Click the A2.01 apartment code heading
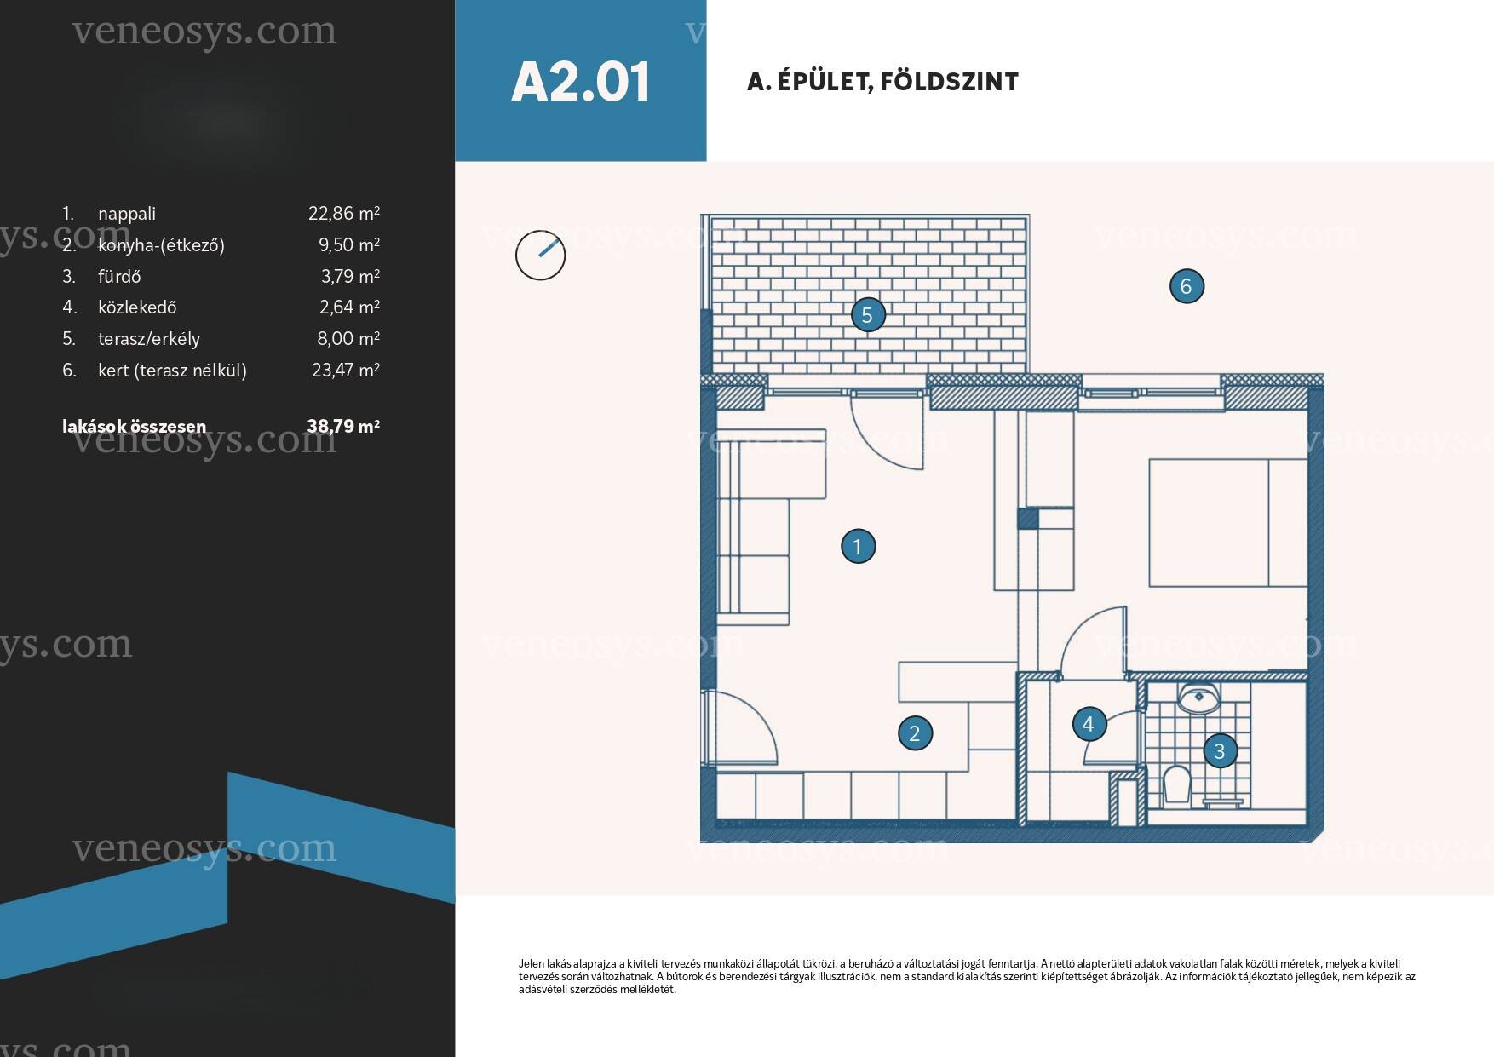tap(580, 82)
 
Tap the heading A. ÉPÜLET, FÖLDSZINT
tap(882, 82)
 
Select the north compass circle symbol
tap(541, 255)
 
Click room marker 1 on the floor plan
tap(858, 546)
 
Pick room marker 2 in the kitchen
tap(915, 732)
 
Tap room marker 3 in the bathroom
tap(1220, 750)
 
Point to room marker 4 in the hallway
tap(1088, 724)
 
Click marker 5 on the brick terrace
tap(867, 315)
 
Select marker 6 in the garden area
tap(1187, 286)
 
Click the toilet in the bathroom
tap(1176, 783)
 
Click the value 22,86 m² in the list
tap(344, 214)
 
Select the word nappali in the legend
tap(127, 215)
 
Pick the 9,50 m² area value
tap(349, 245)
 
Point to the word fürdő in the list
tap(119, 277)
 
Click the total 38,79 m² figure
tap(343, 426)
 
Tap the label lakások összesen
tap(134, 426)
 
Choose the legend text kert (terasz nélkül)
tap(172, 371)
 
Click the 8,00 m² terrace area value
tap(348, 339)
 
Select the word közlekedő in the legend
tap(137, 307)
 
